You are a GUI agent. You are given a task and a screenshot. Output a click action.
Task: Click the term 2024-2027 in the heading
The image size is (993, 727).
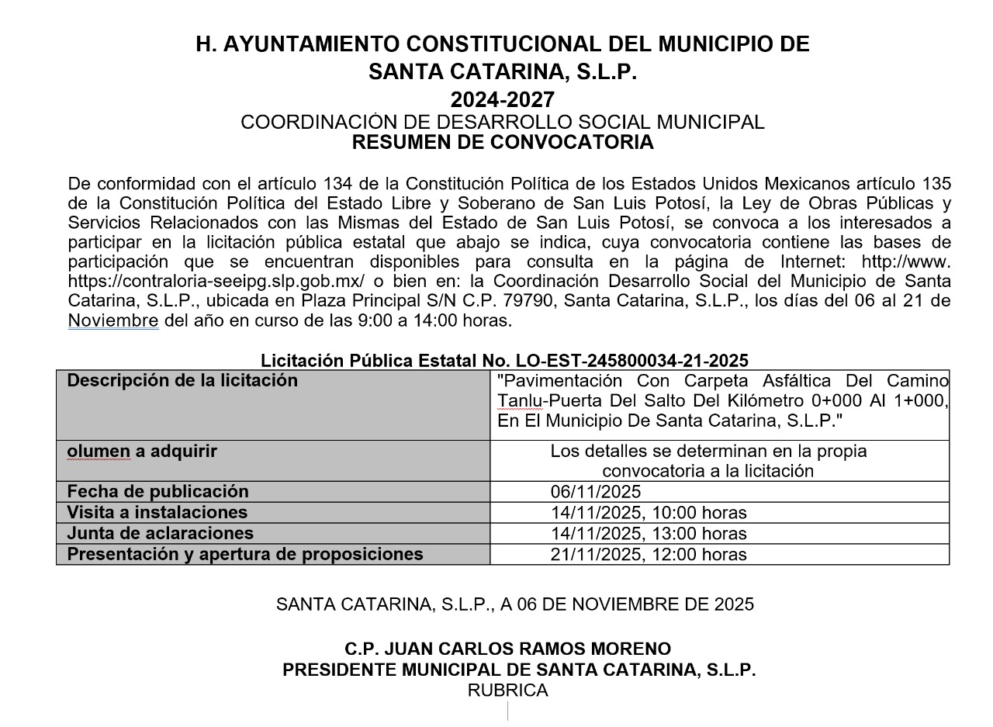503,100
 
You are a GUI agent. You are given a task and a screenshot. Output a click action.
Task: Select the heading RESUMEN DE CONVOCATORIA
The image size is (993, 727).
503,143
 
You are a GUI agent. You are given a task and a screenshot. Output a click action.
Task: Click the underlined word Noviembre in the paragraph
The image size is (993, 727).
113,320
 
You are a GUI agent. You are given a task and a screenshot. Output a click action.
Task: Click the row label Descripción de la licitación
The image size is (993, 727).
182,381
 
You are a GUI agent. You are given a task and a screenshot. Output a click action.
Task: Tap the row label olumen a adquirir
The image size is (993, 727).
142,452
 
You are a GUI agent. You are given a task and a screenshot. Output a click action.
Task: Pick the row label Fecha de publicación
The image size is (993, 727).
158,492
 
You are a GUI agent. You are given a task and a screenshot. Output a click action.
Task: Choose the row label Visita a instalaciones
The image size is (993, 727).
157,513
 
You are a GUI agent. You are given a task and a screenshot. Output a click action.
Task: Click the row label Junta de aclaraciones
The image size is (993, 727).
161,534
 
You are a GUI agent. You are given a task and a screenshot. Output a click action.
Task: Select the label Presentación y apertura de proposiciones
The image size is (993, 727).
245,555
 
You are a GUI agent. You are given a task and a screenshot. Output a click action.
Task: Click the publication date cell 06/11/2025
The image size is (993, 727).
596,492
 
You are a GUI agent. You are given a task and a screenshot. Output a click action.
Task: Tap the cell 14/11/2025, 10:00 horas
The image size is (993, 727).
649,513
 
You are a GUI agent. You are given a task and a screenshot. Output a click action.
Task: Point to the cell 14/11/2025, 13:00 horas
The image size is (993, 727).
649,534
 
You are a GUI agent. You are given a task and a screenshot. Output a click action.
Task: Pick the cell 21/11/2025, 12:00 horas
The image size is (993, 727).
649,555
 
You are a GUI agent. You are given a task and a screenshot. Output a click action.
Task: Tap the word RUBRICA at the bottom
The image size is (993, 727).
507,691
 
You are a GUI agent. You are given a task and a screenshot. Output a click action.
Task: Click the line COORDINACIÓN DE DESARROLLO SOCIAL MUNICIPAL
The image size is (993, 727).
503,123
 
